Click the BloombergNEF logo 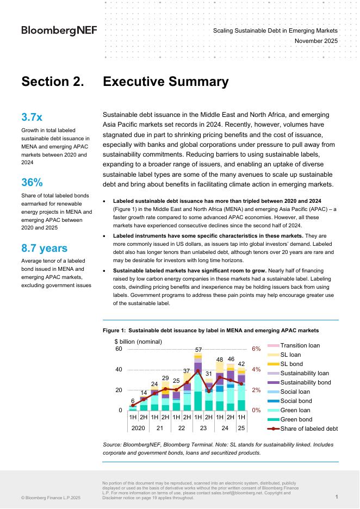pos(59,30)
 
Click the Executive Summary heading pos(165,82)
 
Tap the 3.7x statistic pos(32,117)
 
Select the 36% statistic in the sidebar pos(32,182)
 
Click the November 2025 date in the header pos(316,41)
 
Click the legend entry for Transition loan pos(300,345)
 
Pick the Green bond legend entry pos(296,419)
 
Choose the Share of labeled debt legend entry pos(309,429)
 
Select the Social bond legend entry pos(296,401)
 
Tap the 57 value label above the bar pos(198,350)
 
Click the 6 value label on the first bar pos(133,400)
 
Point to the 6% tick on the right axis pos(257,349)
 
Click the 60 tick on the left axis pos(119,349)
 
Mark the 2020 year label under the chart pos(138,428)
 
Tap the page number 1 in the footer pos(337,497)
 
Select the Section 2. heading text pos(52,82)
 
